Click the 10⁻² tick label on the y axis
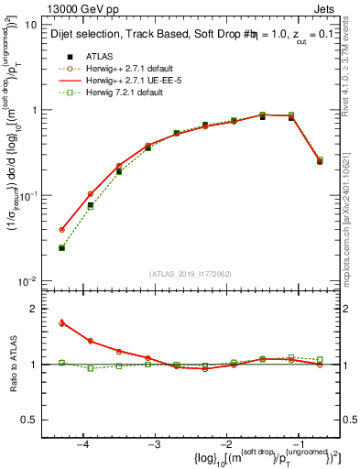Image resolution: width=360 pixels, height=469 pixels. tap(27, 280)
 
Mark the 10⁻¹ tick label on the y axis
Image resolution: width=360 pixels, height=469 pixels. tap(27, 196)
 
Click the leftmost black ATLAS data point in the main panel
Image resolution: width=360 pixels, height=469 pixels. tap(61, 248)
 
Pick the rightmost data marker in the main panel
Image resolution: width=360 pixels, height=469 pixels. tap(320, 160)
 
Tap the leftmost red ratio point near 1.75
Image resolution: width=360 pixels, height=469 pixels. tap(61, 322)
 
